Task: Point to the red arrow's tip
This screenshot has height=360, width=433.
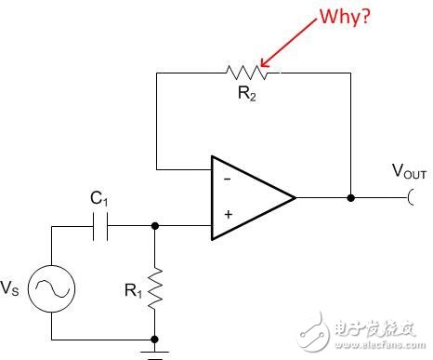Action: pyautogui.click(x=262, y=66)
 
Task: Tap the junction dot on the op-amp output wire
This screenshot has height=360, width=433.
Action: pyautogui.click(x=350, y=197)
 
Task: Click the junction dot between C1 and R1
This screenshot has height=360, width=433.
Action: pyautogui.click(x=154, y=224)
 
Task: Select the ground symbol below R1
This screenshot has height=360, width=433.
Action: pyautogui.click(x=154, y=351)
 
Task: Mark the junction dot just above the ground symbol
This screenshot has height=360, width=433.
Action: pyautogui.click(x=154, y=340)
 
